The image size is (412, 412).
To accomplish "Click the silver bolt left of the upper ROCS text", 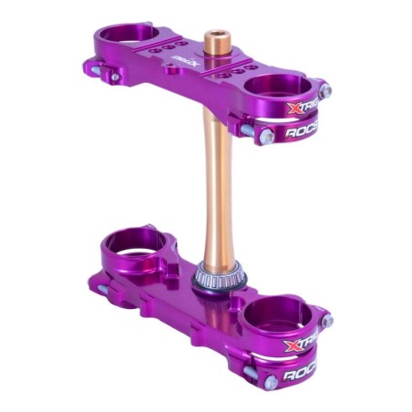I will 267,135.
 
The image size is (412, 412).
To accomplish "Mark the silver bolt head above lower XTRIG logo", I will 325,321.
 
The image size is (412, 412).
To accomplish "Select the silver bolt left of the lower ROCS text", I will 267,373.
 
